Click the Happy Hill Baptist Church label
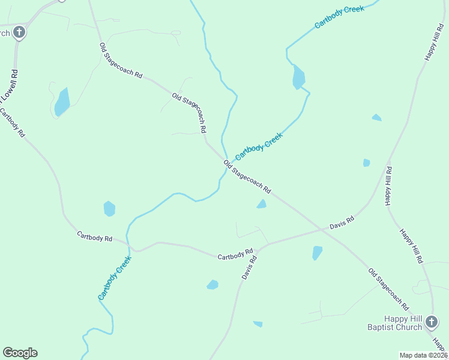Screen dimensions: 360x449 (x=394, y=323)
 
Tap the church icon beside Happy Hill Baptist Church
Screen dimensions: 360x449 (x=431, y=323)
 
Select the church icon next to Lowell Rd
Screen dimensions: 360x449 (x=19, y=32)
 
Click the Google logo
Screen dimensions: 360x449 (x=20, y=353)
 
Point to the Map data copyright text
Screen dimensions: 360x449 (x=423, y=355)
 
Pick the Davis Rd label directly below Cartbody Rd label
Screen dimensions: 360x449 (x=249, y=268)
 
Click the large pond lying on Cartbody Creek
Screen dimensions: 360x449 (x=298, y=77)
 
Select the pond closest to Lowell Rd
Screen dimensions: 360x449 (x=62, y=102)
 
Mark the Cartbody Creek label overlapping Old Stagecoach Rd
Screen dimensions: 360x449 (x=259, y=146)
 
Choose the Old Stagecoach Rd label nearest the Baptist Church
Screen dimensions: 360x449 (x=388, y=289)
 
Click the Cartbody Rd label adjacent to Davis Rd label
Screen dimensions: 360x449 (x=235, y=254)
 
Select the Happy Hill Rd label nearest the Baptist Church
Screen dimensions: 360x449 (x=411, y=246)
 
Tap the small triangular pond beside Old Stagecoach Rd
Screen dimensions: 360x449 (x=262, y=205)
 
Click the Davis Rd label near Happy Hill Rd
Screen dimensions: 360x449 (x=342, y=224)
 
